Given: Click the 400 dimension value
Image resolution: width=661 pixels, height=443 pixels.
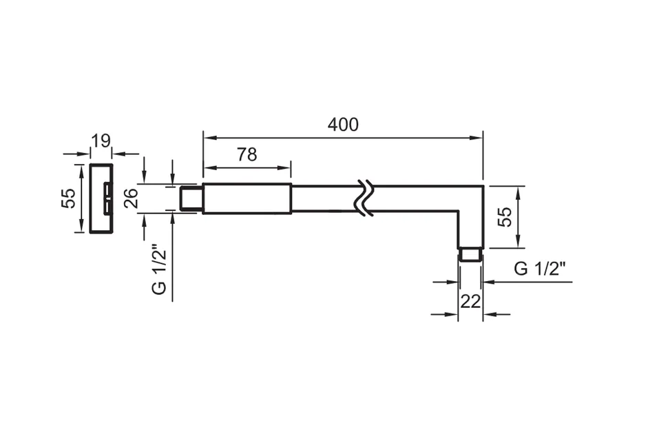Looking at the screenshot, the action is click(343, 125).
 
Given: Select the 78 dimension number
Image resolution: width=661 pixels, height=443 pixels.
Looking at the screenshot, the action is click(246, 155).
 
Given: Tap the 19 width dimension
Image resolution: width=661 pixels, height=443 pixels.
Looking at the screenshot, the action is click(101, 141).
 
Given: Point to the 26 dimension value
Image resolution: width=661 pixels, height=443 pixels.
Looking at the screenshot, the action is click(131, 198).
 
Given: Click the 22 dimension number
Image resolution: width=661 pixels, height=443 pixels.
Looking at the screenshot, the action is click(470, 301).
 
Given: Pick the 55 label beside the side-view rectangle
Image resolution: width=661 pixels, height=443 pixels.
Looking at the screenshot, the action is click(68, 198).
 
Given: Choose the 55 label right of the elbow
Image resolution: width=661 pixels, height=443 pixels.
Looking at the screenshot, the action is click(505, 217).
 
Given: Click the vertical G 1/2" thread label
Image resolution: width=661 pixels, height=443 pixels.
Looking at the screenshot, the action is click(159, 269).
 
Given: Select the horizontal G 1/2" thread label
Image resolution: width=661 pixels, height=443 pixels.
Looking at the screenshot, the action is click(540, 268).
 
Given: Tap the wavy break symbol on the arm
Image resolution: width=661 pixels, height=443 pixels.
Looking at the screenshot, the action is click(366, 198).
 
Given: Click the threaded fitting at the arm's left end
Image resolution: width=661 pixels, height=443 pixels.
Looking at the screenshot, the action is click(191, 198).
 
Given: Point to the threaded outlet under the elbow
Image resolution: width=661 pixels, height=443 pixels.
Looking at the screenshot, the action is click(470, 254).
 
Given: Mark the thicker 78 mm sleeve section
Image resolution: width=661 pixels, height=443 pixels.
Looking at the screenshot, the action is click(247, 198).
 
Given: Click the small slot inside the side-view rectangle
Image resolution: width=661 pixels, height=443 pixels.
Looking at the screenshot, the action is click(108, 198).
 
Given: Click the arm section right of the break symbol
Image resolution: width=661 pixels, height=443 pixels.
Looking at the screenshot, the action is click(426, 198).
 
